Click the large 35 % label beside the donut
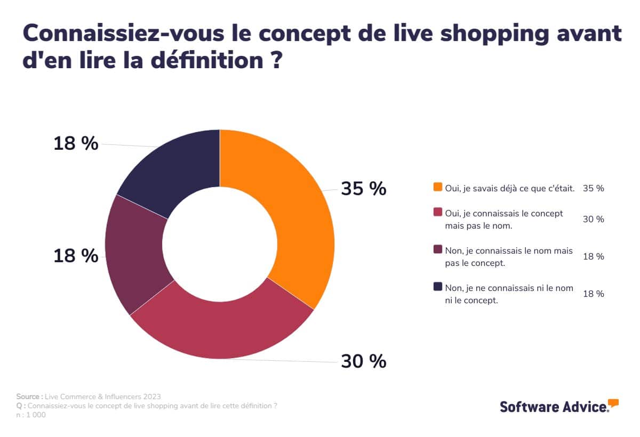pyautogui.click(x=363, y=189)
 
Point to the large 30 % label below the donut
pyautogui.click(x=363, y=361)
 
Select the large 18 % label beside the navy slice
pyautogui.click(x=76, y=143)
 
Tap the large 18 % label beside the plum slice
pyautogui.click(x=76, y=256)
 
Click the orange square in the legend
pyautogui.click(x=438, y=188)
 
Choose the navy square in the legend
pyautogui.click(x=438, y=287)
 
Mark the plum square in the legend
pyautogui.click(x=438, y=249)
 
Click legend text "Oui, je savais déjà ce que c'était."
pyautogui.click(x=509, y=188)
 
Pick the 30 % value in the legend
pyautogui.click(x=594, y=219)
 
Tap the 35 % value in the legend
pyautogui.click(x=594, y=188)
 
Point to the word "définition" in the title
pyautogui.click(x=195, y=59)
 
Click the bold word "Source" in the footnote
pyautogui.click(x=29, y=396)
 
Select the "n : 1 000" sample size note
pyautogui.click(x=31, y=415)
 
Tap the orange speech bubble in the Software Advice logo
pyautogui.click(x=613, y=403)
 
